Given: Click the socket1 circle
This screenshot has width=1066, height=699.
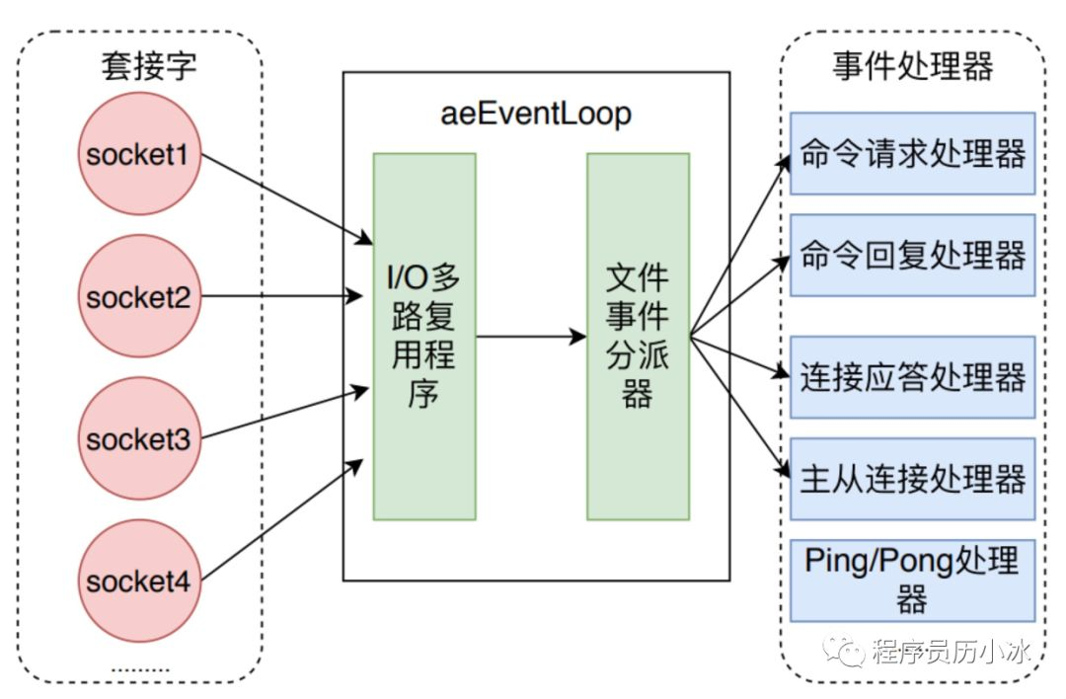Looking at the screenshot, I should pyautogui.click(x=137, y=156).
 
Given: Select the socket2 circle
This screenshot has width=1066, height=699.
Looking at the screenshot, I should pyautogui.click(x=137, y=296).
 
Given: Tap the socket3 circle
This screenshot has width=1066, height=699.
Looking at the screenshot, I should pyautogui.click(x=137, y=438).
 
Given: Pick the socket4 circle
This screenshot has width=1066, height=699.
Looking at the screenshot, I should pyautogui.click(x=137, y=581).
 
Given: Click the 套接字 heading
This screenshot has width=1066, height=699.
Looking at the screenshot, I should pyautogui.click(x=148, y=66).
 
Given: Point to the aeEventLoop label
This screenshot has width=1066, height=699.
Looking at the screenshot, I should pyautogui.click(x=535, y=114).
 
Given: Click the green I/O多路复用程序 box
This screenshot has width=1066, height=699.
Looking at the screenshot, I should pyautogui.click(x=424, y=336).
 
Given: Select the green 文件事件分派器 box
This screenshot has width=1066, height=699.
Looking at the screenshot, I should pyautogui.click(x=638, y=336).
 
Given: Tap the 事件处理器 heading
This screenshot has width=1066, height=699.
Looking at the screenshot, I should pyautogui.click(x=911, y=66).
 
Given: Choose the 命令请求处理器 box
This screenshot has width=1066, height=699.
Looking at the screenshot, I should pyautogui.click(x=913, y=153).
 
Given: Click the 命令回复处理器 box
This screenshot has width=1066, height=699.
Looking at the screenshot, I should pyautogui.click(x=913, y=255).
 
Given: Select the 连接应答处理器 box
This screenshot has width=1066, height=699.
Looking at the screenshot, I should pyautogui.click(x=913, y=376).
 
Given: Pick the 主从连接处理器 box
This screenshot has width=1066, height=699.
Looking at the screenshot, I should pyautogui.click(x=913, y=479).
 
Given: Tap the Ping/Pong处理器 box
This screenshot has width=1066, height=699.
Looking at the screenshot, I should pyautogui.click(x=913, y=578).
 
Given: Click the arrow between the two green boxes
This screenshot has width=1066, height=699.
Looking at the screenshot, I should pyautogui.click(x=531, y=337).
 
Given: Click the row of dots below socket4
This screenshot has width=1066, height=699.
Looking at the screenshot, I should pyautogui.click(x=139, y=667).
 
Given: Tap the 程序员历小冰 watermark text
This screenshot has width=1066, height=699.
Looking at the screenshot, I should pyautogui.click(x=952, y=652).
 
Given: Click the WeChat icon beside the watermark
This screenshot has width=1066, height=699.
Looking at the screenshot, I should pyautogui.click(x=847, y=651).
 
